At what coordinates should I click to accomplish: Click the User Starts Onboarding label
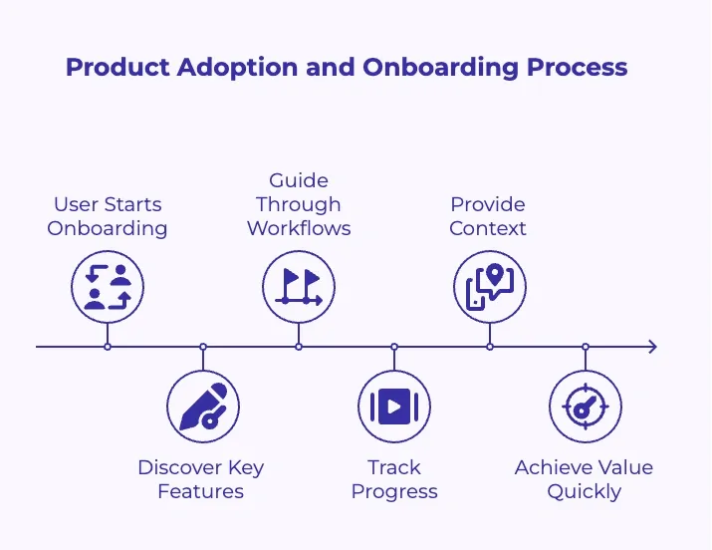[108, 216]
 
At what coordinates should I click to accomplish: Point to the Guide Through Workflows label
[299, 204]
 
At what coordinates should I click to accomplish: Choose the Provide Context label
[488, 216]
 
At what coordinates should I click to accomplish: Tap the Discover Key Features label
[201, 479]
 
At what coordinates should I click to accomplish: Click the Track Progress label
[394, 479]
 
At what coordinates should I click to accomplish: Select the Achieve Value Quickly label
[585, 479]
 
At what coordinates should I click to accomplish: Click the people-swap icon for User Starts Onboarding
[108, 287]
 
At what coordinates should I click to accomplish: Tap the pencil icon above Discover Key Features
[203, 407]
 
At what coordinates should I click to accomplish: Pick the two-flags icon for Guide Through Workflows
[299, 287]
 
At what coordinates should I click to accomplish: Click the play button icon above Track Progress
[394, 407]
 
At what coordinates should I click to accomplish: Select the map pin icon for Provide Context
[490, 287]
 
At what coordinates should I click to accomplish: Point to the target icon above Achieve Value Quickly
[586, 407]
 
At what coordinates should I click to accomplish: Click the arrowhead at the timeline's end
[651, 347]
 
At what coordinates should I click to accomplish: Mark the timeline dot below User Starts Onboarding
[108, 347]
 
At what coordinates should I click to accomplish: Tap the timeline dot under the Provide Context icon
[490, 347]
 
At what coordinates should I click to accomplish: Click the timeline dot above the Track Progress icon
[394, 347]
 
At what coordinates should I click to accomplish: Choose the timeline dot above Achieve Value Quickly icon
[586, 347]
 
